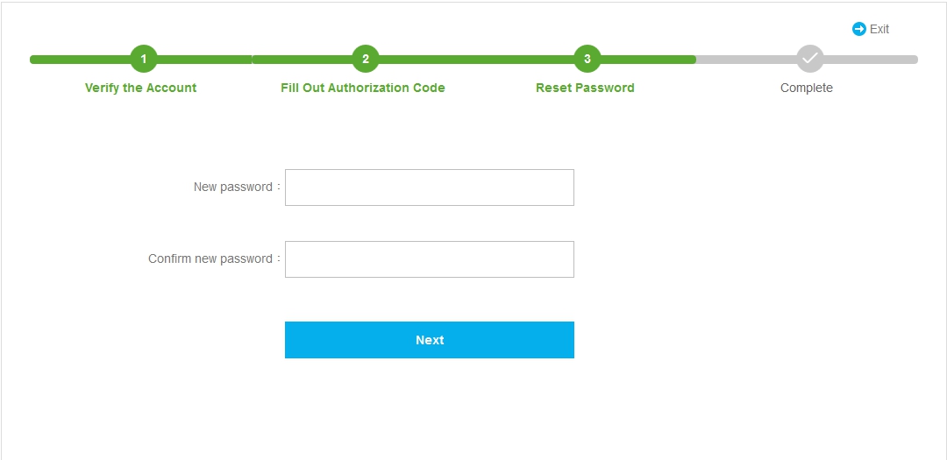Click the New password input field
[430, 188]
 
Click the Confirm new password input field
[430, 259]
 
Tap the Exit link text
[879, 29]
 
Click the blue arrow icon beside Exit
[858, 29]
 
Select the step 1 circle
[144, 60]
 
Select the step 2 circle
[366, 60]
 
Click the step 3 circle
[587, 60]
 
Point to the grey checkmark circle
[810, 59]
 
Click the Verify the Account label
[140, 88]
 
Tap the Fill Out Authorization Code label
[363, 88]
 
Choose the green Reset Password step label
[585, 88]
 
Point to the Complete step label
[807, 88]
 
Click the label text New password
[233, 188]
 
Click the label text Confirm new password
[210, 259]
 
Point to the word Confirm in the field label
[170, 259]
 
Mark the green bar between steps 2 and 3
[476, 60]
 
